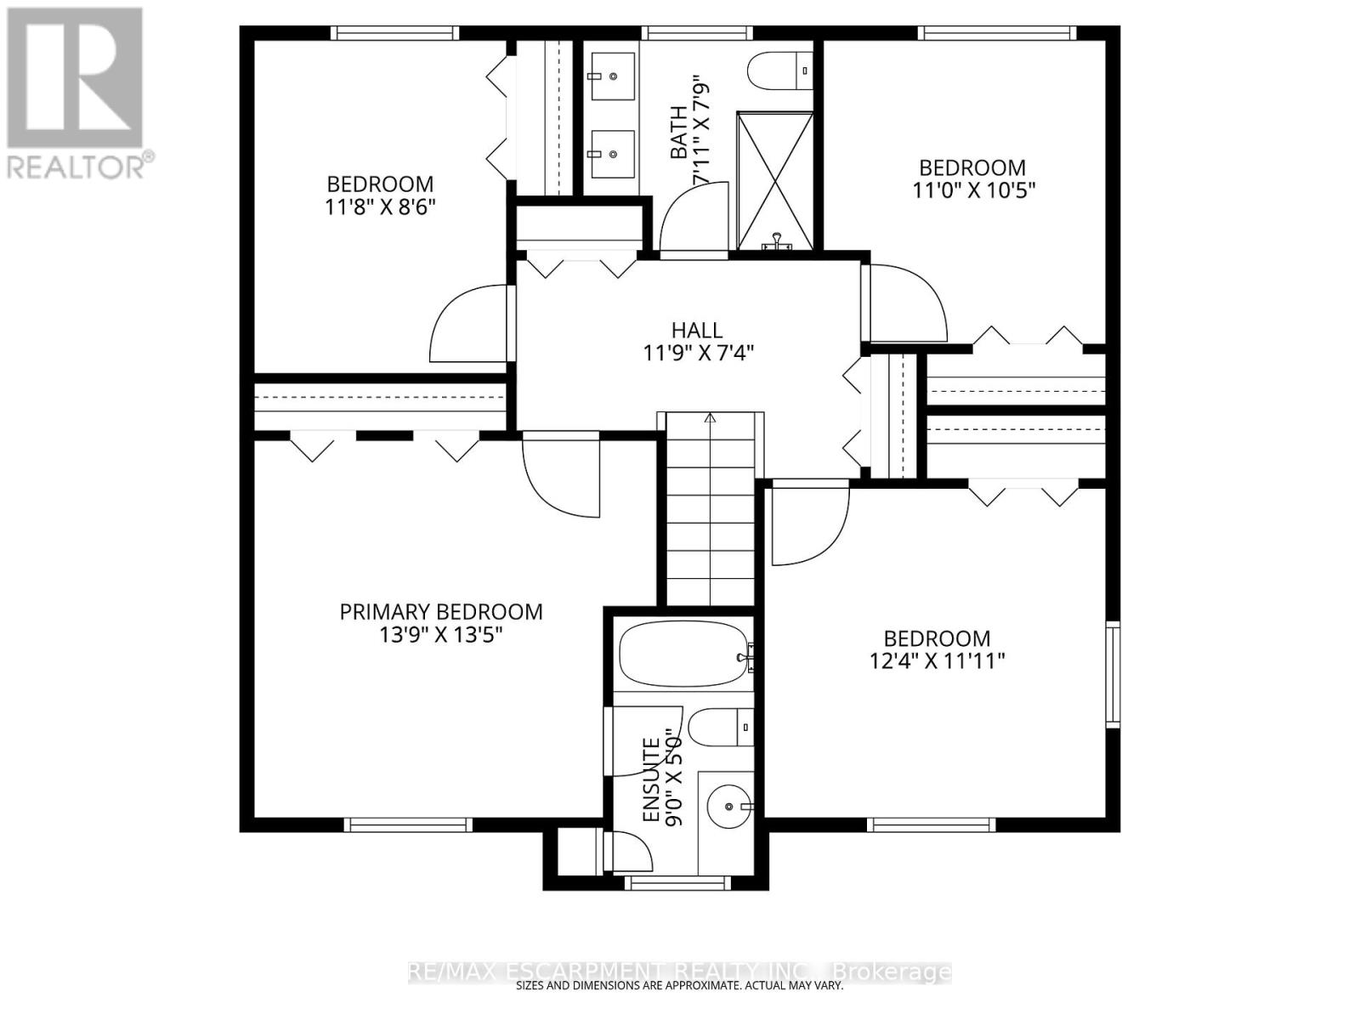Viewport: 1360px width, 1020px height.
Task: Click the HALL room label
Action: (x=697, y=330)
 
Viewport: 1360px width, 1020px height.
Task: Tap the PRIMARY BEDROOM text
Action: (x=441, y=612)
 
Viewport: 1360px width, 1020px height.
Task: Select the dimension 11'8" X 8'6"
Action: (x=380, y=207)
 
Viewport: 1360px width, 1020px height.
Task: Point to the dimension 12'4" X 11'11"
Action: (x=938, y=661)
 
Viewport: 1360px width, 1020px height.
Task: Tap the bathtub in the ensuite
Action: (x=685, y=657)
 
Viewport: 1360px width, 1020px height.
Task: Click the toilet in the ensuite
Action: (x=719, y=728)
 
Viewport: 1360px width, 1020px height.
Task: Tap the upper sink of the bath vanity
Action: (x=611, y=75)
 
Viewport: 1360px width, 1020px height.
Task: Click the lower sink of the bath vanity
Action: (x=611, y=154)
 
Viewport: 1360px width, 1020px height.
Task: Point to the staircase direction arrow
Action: (x=711, y=417)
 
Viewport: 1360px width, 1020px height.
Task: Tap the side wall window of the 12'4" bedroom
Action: (x=1113, y=674)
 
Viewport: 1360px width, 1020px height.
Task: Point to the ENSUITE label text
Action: (x=651, y=780)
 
